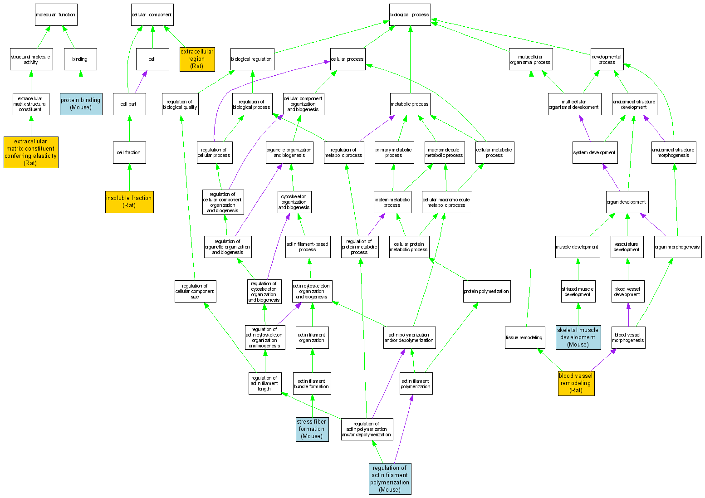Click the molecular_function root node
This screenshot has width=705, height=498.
point(56,15)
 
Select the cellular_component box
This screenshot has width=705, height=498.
point(152,15)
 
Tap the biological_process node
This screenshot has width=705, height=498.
point(410,15)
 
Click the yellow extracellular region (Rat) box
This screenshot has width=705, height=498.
point(196,59)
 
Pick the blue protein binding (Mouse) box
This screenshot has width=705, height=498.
point(81,104)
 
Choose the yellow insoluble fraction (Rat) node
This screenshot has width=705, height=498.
point(129,202)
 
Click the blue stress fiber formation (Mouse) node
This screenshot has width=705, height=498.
point(312,429)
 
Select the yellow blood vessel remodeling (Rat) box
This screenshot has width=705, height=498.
point(576,383)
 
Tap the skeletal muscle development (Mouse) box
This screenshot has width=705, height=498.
point(578,337)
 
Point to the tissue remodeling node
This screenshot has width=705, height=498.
point(524,337)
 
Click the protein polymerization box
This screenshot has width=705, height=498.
point(487,291)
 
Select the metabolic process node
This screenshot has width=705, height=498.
point(410,104)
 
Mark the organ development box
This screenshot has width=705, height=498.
point(627,202)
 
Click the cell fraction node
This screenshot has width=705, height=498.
point(129,152)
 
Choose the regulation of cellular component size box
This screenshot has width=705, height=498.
point(195,291)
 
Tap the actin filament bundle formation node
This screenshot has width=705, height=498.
point(312,384)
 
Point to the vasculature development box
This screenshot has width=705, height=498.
point(627,247)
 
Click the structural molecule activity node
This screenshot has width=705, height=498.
point(31,59)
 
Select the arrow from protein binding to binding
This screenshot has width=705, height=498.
point(81,82)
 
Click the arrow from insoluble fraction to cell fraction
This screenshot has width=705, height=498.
point(129,177)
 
